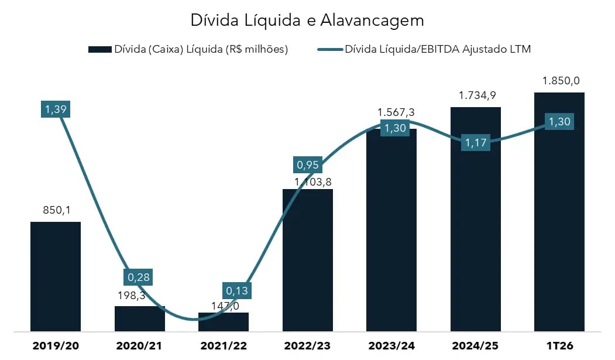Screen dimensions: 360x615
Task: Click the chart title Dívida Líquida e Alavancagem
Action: coord(307,20)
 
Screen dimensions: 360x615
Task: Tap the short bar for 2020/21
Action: coord(139,319)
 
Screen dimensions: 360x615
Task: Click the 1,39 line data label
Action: coord(56,109)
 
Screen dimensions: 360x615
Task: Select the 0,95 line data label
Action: coord(308,165)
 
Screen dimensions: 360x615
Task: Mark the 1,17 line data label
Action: coord(475,142)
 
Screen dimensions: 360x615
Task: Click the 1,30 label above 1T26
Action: coord(559,122)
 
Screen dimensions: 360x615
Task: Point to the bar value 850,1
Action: coord(56,210)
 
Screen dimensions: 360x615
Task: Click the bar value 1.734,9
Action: coord(475,95)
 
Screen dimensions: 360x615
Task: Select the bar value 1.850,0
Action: coord(559,81)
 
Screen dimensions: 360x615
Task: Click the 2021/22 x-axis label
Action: coord(224,346)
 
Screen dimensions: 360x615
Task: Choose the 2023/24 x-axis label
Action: coord(391,346)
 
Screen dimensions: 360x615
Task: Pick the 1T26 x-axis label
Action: coord(559,346)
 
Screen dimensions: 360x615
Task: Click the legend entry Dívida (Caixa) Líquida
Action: coord(188,49)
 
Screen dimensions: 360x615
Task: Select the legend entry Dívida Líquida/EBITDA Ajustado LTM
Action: coord(424,49)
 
